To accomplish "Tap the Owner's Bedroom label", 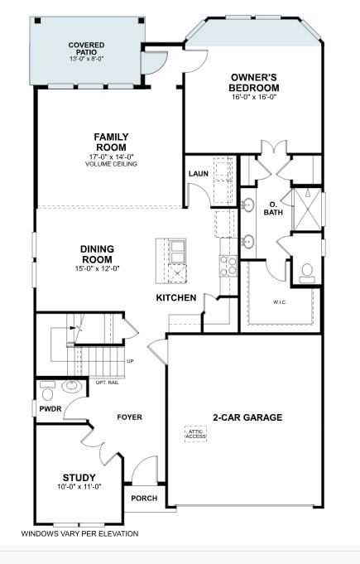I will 254,83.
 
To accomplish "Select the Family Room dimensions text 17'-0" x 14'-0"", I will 110,156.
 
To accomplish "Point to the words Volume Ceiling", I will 110,164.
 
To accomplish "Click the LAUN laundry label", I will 198,174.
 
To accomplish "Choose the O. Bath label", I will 273,207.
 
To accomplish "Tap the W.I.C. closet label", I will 280,301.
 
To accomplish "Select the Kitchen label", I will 176,297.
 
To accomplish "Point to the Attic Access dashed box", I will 195,433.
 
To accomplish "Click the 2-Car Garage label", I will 247,417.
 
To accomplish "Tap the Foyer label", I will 130,417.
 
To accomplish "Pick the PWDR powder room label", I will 46,408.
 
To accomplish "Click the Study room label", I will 79,478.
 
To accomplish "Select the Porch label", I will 144,498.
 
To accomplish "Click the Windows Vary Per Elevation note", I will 79,534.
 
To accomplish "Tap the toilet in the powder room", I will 48,385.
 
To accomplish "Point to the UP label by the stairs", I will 130,361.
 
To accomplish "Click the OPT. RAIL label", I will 108,382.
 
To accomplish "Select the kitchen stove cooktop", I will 228,265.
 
